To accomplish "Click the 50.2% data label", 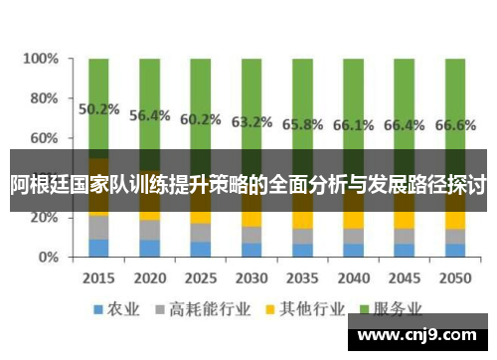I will click(98, 109).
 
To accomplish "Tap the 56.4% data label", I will click(150, 115).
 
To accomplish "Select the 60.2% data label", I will click(201, 119).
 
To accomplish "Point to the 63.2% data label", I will click(251, 122).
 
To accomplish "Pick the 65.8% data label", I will click(302, 125).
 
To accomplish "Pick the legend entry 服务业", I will click(403, 309).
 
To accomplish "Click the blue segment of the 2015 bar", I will click(98, 248).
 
